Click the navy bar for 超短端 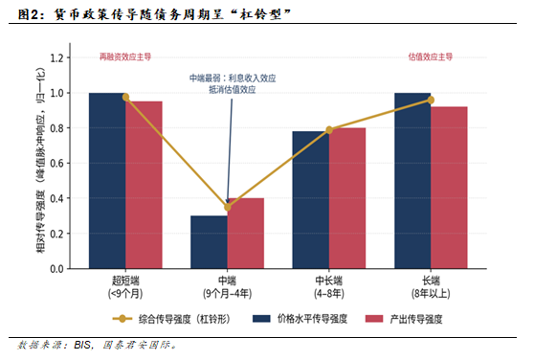(107, 181)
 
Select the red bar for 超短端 (144, 185)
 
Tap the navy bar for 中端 (210, 242)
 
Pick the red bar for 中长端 (347, 198)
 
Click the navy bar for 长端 (412, 181)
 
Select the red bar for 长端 (449, 188)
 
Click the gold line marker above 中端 (228, 207)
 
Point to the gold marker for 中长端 (329, 130)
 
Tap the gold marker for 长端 (431, 100)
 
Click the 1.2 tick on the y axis (56, 57)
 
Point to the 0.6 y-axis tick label (56, 163)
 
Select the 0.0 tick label (56, 269)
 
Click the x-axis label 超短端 (125, 281)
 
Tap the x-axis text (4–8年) (329, 293)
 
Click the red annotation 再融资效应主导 (125, 56)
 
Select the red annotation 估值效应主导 (431, 56)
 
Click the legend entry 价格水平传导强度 (300, 319)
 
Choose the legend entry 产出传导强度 (404, 319)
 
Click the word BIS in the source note (82, 345)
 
